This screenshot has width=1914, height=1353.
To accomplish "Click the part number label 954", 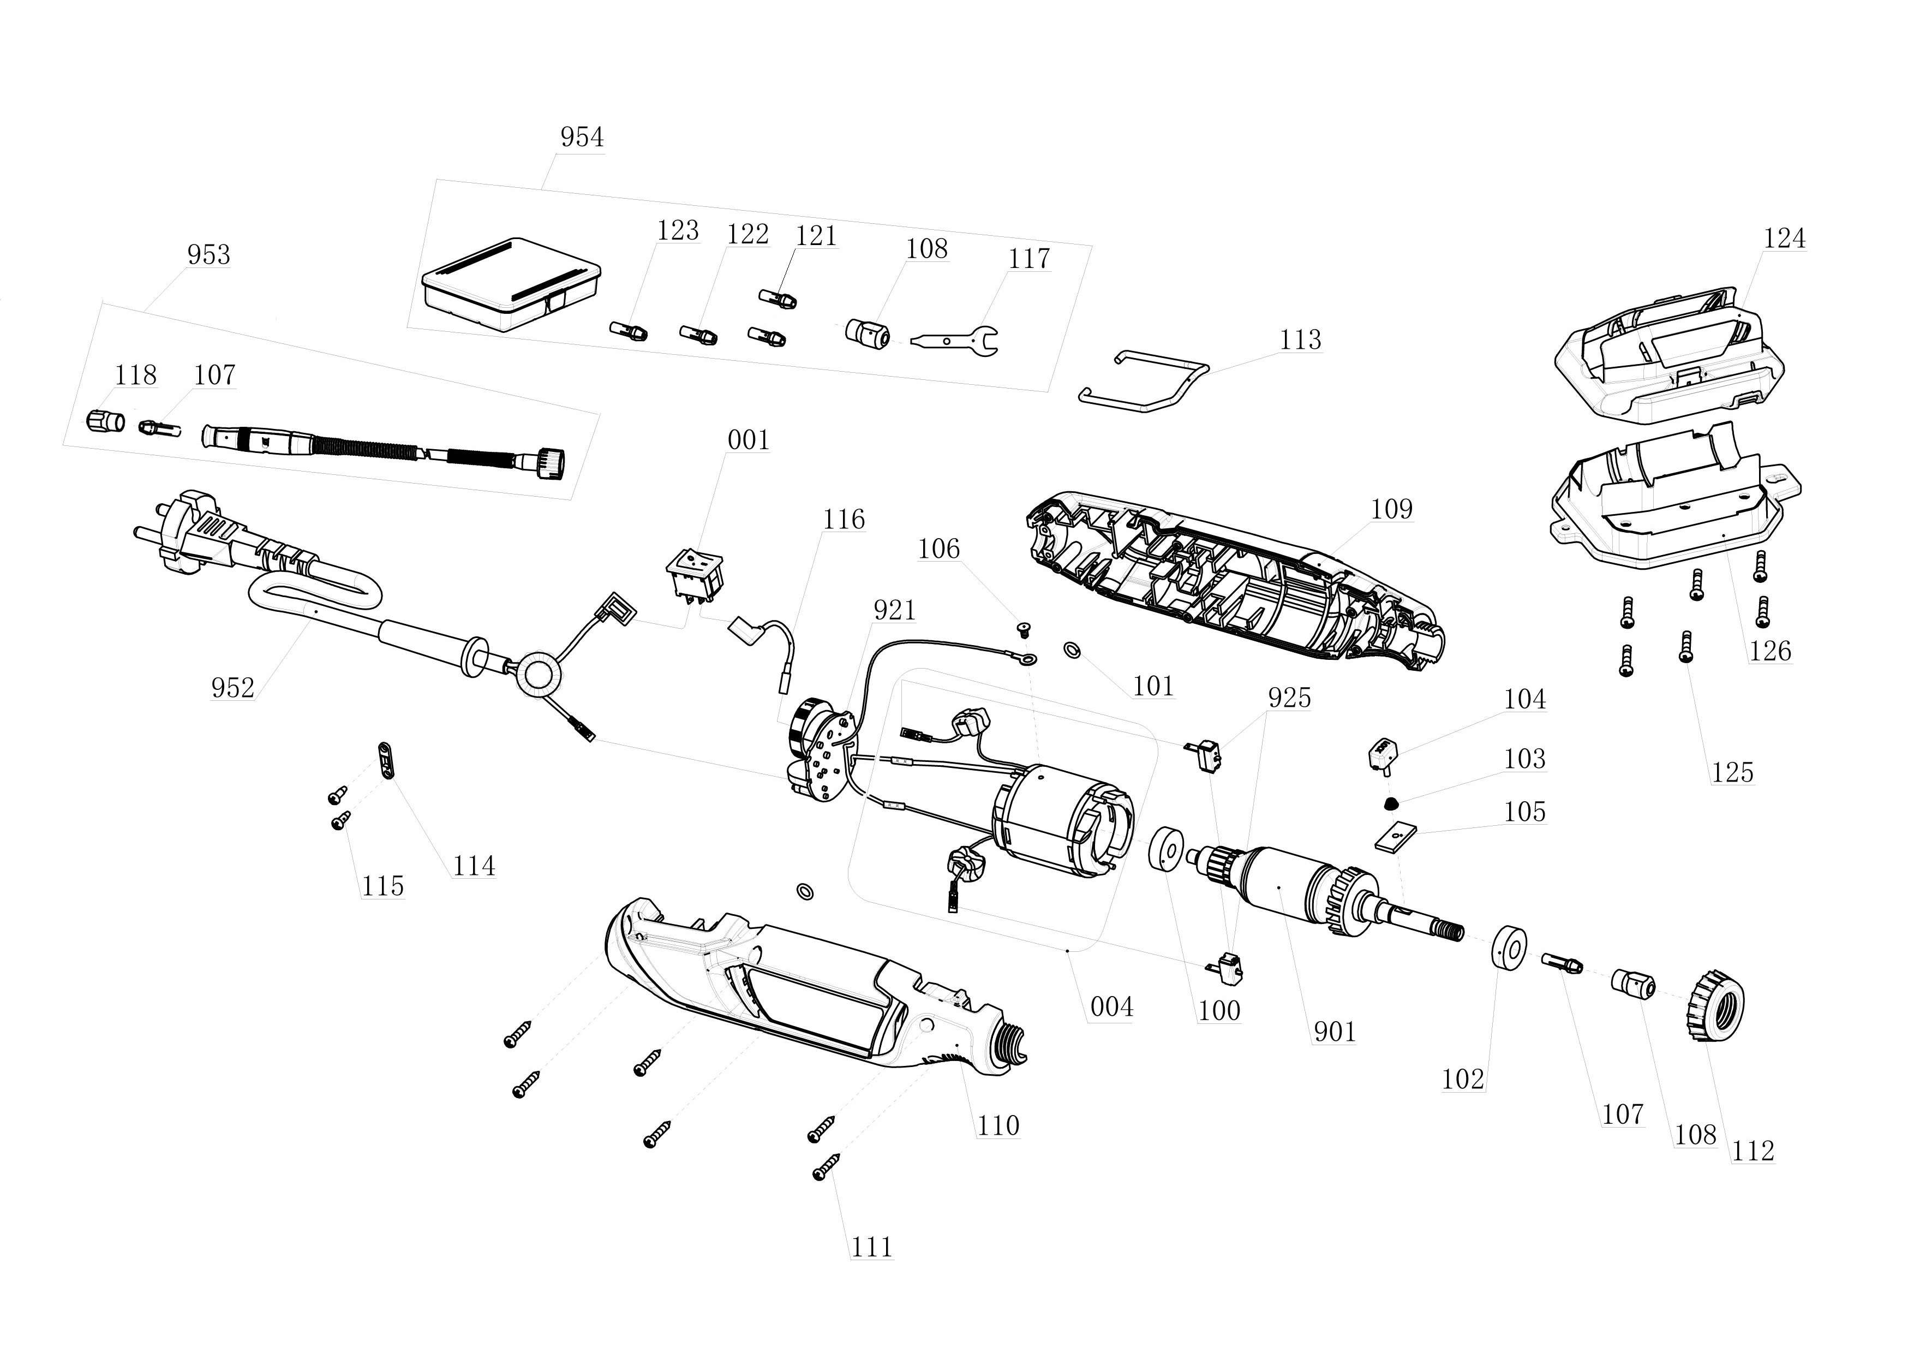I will [x=581, y=136].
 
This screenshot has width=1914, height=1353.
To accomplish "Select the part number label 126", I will [x=1770, y=651].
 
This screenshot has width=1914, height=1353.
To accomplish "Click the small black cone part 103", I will [x=1390, y=803].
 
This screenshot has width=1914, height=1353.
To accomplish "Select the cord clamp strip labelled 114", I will [x=385, y=759].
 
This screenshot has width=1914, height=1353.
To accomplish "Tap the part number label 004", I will [x=1111, y=1007].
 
